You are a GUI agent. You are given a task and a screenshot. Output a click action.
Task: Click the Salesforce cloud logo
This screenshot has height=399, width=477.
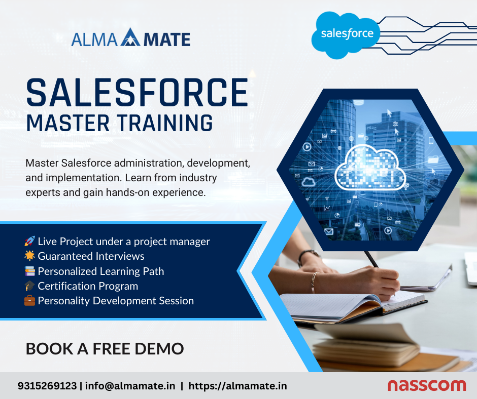pos(347,34)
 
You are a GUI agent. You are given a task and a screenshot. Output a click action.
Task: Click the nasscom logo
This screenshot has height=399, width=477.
pos(426,385)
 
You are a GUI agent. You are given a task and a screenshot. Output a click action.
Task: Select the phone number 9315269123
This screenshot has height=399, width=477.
pos(47,386)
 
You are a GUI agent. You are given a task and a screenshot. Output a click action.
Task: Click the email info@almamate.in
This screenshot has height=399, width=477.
pos(130,386)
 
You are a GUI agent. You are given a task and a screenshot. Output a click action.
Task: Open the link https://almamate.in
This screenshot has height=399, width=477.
pos(237,386)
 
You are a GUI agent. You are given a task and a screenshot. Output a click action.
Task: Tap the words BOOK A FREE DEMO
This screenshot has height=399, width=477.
pos(105,349)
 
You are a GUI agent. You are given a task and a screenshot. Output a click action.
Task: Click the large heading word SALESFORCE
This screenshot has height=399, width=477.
pos(137,92)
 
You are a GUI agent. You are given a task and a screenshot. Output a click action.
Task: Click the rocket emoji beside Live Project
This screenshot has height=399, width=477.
pos(29,242)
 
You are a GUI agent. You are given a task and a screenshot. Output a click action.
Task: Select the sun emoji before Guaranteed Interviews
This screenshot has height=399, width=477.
pos(29,256)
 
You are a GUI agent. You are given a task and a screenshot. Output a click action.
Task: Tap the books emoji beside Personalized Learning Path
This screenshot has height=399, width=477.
pos(29,271)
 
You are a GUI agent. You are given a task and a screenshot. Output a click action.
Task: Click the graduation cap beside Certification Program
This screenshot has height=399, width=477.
pos(29,286)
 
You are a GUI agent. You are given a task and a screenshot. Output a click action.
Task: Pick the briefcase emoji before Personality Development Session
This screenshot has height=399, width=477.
pos(29,301)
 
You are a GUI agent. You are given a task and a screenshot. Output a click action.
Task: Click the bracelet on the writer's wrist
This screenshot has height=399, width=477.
pos(314,282)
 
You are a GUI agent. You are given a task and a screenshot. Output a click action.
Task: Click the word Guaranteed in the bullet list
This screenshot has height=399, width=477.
pos(65,256)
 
